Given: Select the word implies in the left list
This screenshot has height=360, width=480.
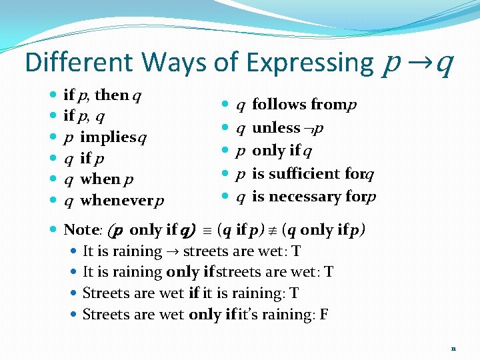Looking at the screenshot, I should (107, 137).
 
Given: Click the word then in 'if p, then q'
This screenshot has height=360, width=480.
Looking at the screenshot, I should (111, 95).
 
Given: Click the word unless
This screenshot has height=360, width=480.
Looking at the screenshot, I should (276, 127).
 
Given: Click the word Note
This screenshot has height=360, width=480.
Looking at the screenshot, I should (79, 230).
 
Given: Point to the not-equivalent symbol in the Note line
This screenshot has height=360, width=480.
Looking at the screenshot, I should (273, 230).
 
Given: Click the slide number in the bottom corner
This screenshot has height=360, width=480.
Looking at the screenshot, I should (453, 348).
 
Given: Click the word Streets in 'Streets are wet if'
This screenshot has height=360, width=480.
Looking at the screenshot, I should (105, 293).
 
